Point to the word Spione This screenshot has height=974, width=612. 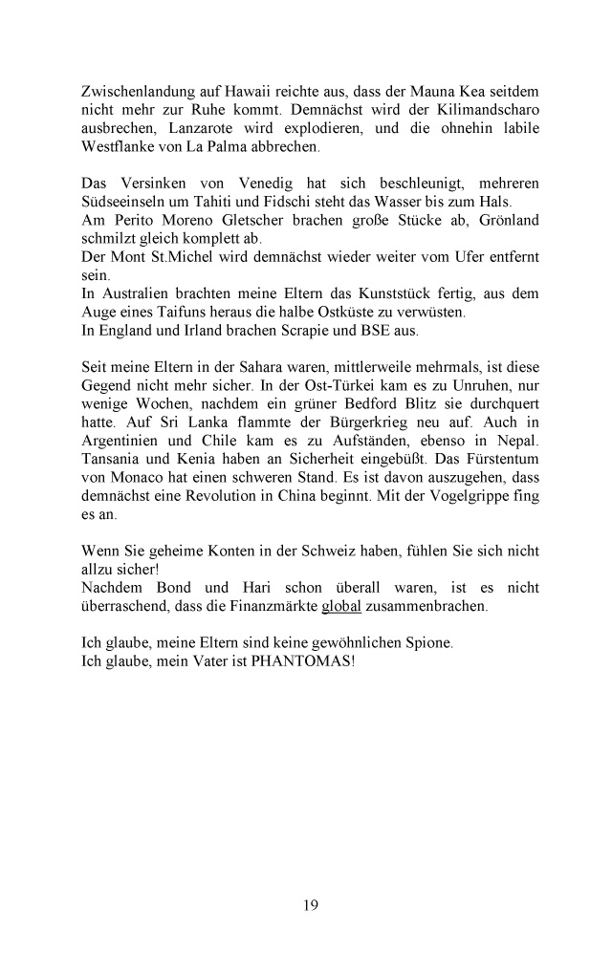click(x=424, y=642)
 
